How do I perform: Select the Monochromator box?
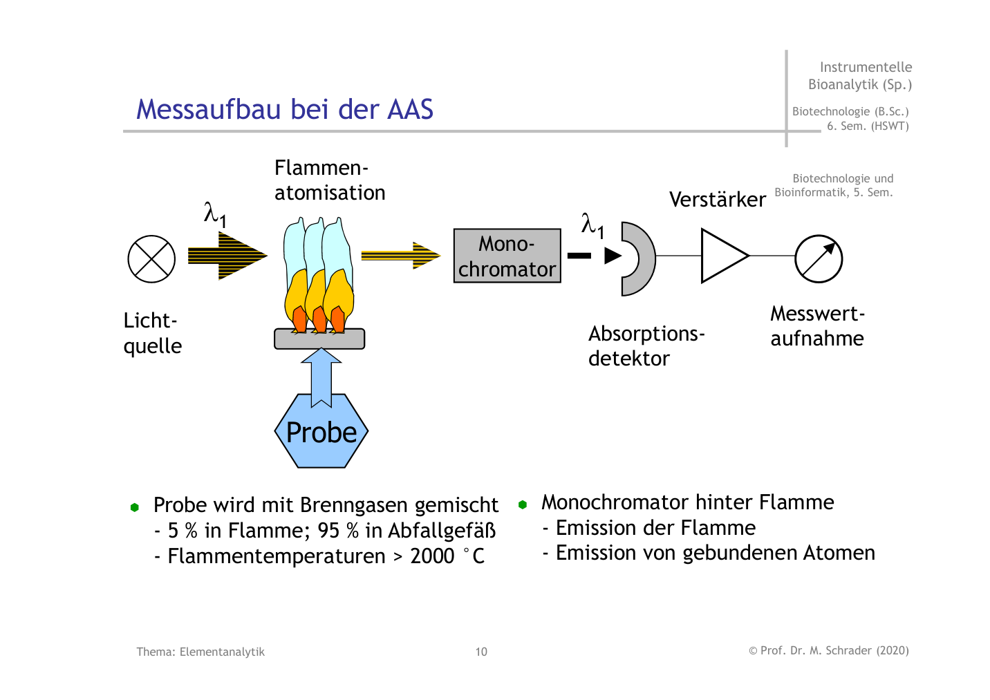click(x=507, y=256)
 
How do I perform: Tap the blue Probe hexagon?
click(x=321, y=431)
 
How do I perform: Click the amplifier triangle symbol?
click(x=725, y=256)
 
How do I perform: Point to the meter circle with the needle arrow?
click(x=819, y=259)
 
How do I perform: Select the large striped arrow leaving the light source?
click(x=227, y=256)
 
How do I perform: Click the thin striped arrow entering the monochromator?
click(x=401, y=255)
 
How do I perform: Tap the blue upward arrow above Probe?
click(x=321, y=377)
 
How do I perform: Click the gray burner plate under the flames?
click(x=319, y=339)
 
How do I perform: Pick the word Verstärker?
click(x=718, y=200)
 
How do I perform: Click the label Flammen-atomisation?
click(x=330, y=180)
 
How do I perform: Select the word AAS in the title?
click(x=410, y=109)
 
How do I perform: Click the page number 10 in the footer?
click(x=481, y=652)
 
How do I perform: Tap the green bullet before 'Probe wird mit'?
click(x=135, y=507)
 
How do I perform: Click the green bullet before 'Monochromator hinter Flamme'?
click(x=523, y=504)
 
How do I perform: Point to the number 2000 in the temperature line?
click(x=432, y=556)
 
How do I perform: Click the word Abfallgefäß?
click(x=442, y=531)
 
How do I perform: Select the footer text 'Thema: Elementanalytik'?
click(x=200, y=652)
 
